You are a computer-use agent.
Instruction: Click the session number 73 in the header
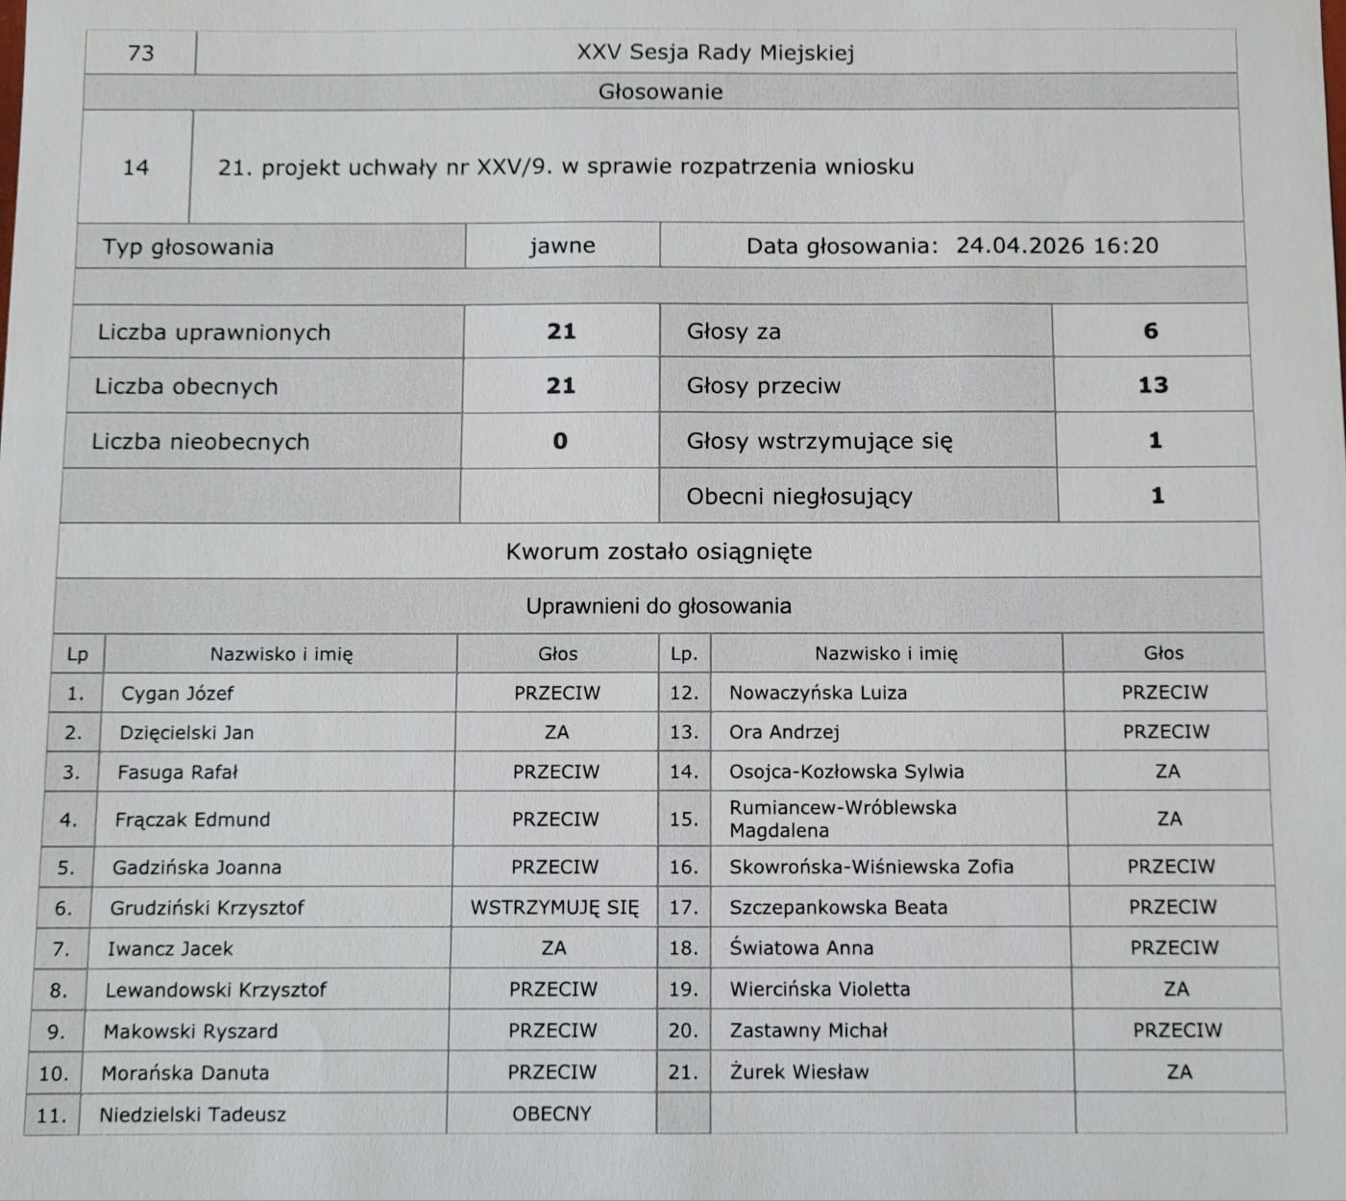tap(140, 53)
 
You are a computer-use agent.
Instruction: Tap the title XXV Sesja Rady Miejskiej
tap(715, 53)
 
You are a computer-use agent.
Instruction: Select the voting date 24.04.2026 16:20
tap(1057, 246)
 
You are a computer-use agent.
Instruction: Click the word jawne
tap(562, 246)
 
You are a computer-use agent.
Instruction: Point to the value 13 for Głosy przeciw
tap(1152, 385)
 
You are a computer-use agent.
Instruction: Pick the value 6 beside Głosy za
tap(1150, 331)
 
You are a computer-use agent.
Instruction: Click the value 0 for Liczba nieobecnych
tap(560, 441)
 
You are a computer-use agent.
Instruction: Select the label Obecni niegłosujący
tap(799, 497)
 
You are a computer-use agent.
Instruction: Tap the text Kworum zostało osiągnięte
tap(659, 551)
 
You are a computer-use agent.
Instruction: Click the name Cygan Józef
tap(177, 694)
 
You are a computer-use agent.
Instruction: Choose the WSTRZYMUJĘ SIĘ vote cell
tap(554, 908)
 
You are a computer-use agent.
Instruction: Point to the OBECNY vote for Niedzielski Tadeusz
tap(551, 1115)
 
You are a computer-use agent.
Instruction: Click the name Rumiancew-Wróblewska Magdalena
tap(843, 819)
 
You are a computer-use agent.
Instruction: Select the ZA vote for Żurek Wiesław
tap(1179, 1072)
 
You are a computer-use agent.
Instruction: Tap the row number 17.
tap(683, 908)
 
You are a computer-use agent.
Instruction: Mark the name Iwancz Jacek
tap(170, 949)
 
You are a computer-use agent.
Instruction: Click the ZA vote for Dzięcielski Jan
tap(556, 733)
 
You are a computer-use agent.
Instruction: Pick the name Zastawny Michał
tap(808, 1031)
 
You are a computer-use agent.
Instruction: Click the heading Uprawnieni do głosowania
tap(659, 606)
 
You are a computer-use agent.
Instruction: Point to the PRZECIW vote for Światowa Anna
tap(1174, 948)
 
